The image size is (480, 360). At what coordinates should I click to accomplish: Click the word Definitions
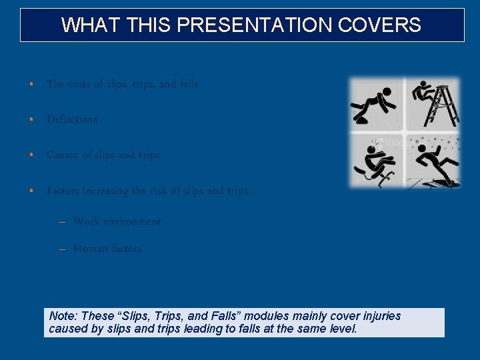pos(72,119)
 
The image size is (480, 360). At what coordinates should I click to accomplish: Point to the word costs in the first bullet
pos(82,84)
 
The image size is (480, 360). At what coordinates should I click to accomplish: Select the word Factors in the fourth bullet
pos(63,191)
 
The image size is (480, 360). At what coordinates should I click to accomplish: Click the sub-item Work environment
pos(117,221)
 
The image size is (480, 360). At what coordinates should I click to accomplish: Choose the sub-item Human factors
pos(107,249)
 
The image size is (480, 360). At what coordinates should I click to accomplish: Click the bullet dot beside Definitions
pos(31,120)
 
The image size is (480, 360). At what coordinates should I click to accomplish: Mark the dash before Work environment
pos(62,222)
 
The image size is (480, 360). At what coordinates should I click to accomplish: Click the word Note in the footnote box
pos(62,316)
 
